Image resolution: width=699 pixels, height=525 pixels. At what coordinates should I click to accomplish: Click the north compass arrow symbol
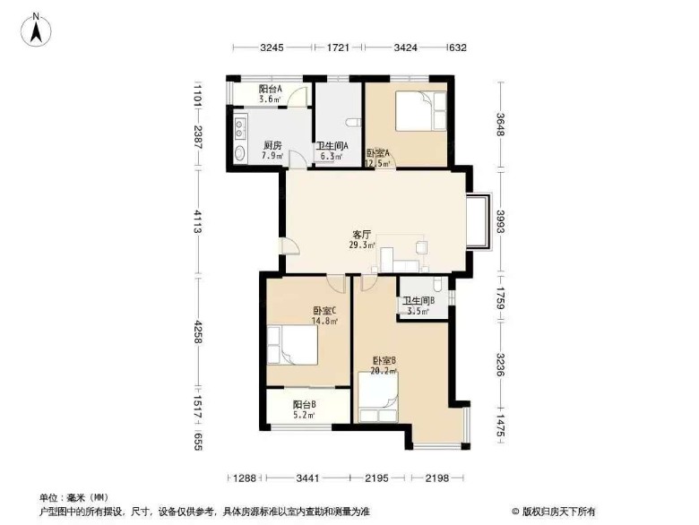(36, 29)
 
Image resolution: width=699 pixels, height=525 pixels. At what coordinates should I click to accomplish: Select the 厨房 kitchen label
(272, 145)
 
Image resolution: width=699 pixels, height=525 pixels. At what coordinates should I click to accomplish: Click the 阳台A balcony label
(271, 89)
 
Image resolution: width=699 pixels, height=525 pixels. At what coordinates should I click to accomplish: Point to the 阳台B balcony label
(305, 405)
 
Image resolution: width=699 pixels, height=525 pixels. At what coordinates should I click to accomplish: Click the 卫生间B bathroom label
(416, 301)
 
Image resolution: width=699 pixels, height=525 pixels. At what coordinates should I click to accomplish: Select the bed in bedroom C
(292, 346)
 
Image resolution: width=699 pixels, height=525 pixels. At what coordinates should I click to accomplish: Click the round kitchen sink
(240, 152)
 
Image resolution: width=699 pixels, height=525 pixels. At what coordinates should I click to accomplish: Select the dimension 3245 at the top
(272, 47)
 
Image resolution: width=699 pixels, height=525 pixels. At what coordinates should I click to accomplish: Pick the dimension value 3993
(501, 222)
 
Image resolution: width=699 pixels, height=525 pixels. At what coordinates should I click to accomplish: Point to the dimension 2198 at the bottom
(437, 478)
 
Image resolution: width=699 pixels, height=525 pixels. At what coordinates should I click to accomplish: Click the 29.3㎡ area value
(362, 245)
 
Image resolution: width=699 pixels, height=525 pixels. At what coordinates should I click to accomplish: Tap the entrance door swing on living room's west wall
(287, 246)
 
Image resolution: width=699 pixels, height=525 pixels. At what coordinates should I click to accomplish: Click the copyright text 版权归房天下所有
(557, 512)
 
